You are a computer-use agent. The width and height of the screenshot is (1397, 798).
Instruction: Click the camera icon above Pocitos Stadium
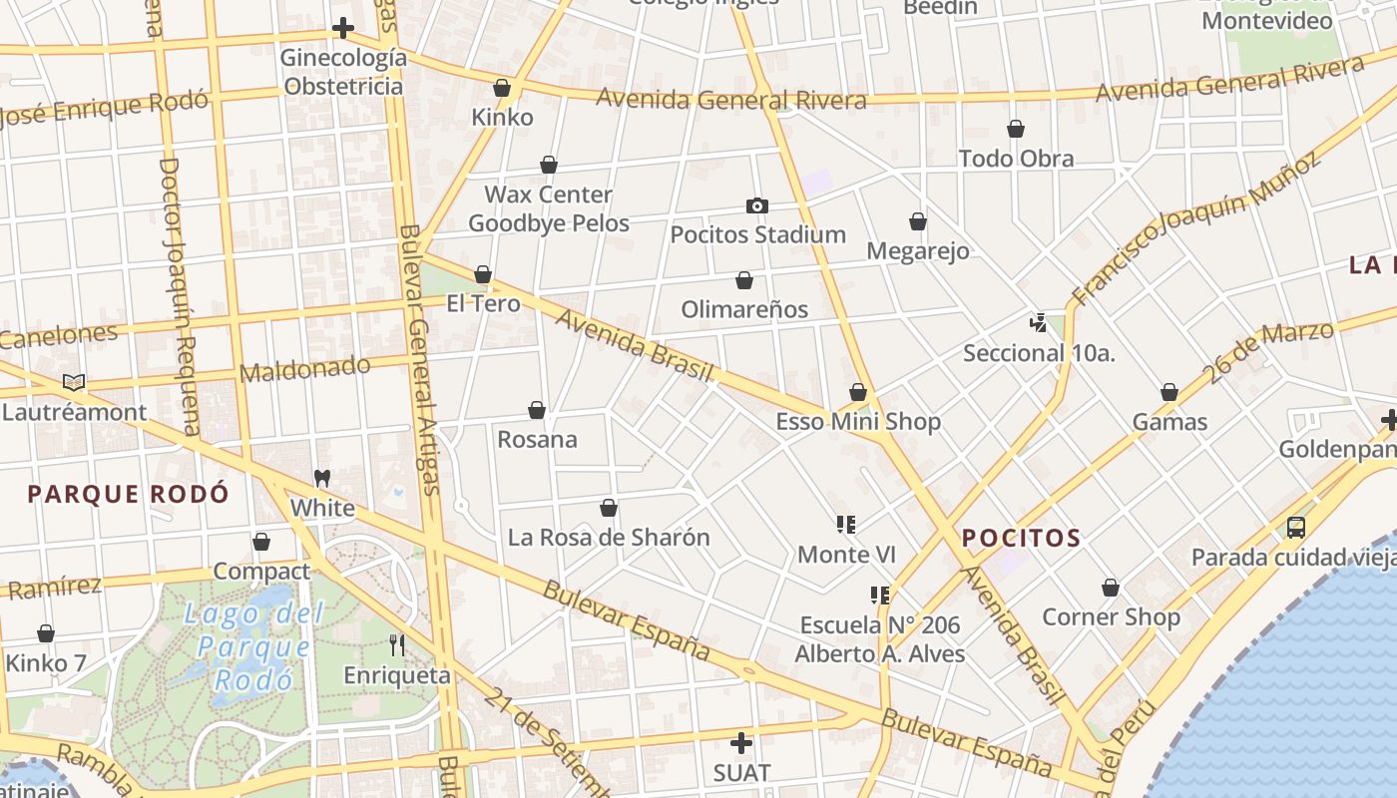(757, 206)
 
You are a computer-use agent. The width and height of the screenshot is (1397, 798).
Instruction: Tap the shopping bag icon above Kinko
(502, 89)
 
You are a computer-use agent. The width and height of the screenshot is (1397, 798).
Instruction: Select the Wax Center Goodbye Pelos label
(549, 208)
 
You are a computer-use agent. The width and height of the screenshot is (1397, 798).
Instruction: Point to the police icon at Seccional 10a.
(1039, 323)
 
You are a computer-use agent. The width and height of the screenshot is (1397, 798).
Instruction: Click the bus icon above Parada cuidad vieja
(1295, 528)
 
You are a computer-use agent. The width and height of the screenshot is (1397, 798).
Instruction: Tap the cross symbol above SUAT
(741, 743)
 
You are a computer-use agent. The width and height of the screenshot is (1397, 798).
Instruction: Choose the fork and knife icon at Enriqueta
(397, 645)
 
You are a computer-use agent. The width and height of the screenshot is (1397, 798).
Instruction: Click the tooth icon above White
(321, 479)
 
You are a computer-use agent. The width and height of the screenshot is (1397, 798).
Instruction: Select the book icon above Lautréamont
(74, 382)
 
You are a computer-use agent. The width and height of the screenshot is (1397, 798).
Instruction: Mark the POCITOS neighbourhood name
(1021, 539)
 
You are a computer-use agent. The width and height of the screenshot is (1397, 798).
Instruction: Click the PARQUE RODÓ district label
(128, 494)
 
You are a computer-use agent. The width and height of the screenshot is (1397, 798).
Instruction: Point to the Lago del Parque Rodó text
(253, 646)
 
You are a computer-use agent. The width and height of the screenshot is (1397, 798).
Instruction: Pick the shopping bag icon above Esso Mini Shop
(858, 393)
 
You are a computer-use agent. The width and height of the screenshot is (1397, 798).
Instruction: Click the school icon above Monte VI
(846, 525)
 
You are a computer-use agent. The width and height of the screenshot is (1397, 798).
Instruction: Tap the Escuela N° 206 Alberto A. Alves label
(879, 639)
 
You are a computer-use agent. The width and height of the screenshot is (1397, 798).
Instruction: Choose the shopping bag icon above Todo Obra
(1016, 130)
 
